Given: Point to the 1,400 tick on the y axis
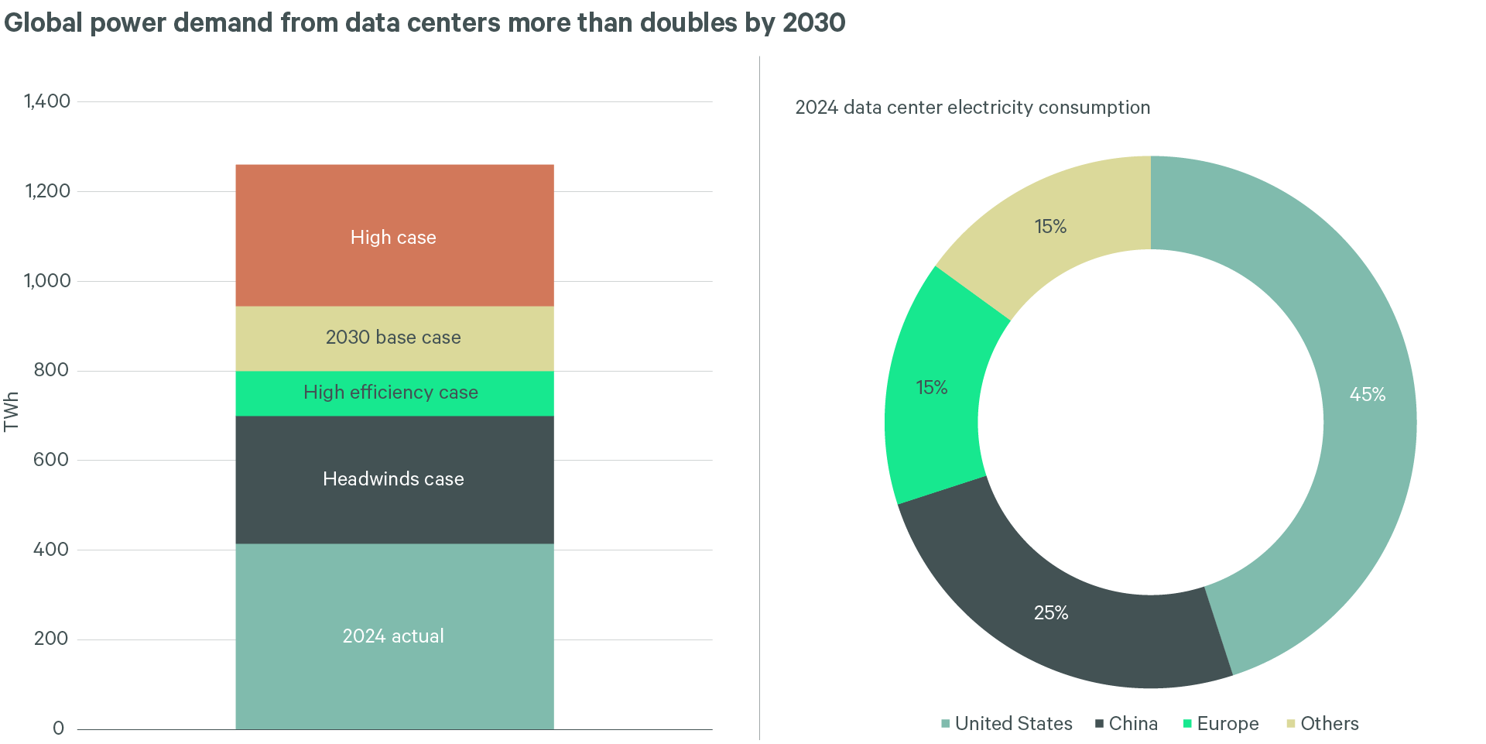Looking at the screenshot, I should pos(47,101).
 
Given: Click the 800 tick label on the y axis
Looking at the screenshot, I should pos(51,370).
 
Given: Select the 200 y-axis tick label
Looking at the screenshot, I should pos(51,639).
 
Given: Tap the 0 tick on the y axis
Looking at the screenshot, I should pos(58,729).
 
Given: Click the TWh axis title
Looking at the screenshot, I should pos(11,411).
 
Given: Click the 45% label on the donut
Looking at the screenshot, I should pos(1367,395).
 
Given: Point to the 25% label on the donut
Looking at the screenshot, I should pos(1050,613).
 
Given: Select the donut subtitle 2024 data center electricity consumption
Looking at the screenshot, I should pos(972,108).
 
